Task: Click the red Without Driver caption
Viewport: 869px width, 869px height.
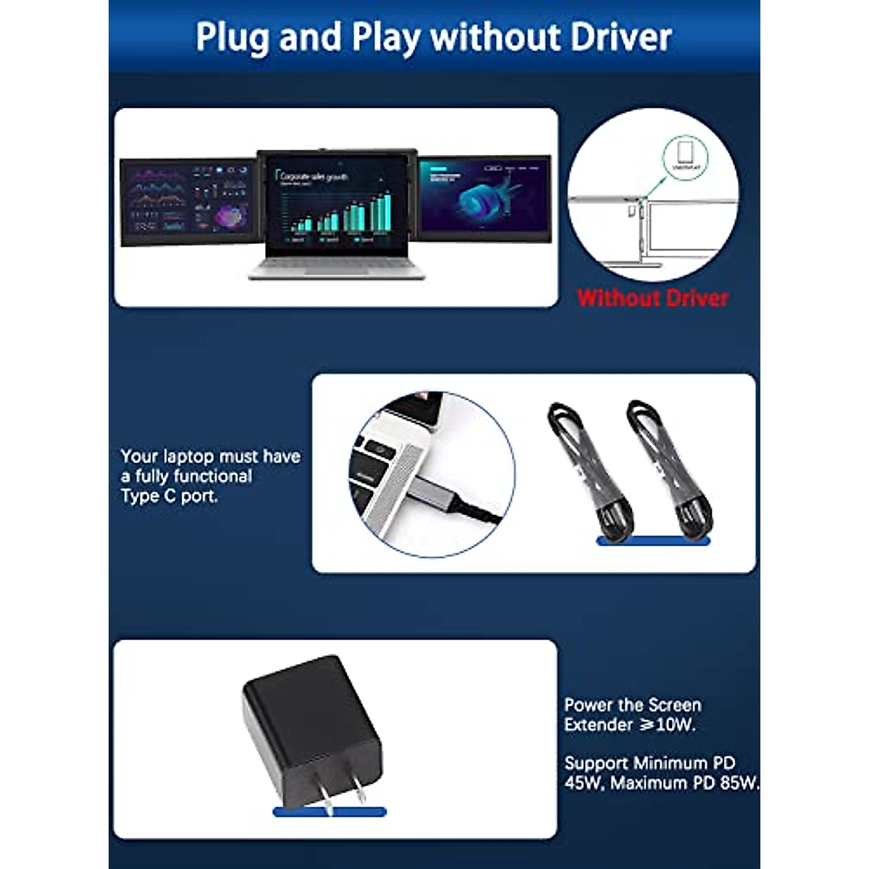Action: point(652,298)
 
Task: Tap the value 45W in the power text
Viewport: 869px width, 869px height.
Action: point(583,783)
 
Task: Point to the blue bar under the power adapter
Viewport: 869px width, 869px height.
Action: point(329,812)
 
